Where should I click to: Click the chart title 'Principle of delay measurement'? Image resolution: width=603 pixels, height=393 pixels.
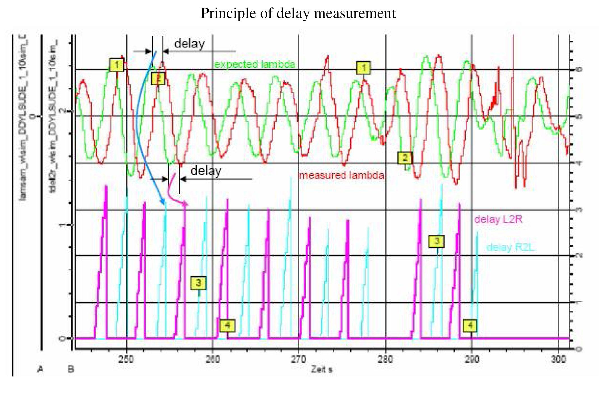(298, 13)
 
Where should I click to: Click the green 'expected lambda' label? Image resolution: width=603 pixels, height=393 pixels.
(255, 64)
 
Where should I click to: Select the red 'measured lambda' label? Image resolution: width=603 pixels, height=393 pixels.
(341, 175)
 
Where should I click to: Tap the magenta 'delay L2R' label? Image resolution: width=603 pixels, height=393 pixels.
(498, 220)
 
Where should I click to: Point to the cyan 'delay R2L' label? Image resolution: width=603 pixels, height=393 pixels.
(511, 248)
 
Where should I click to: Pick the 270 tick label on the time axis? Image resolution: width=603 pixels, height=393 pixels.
(298, 359)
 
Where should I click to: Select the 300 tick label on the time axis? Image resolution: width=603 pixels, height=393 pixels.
(558, 359)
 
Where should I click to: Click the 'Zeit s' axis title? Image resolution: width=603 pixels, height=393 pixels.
(321, 369)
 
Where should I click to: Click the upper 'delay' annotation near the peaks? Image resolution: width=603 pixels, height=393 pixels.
(189, 44)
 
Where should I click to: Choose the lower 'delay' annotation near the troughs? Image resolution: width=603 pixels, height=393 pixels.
(206, 171)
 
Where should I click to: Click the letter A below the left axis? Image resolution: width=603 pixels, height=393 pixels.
(40, 369)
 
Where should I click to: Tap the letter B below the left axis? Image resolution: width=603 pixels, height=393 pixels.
(71, 369)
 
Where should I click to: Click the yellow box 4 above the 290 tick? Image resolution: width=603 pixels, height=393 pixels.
(470, 326)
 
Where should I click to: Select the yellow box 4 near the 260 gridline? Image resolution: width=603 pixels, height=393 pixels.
(227, 326)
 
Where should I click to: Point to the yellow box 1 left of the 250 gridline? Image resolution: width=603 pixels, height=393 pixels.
(117, 65)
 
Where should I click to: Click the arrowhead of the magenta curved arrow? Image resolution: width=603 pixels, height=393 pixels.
(186, 204)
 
